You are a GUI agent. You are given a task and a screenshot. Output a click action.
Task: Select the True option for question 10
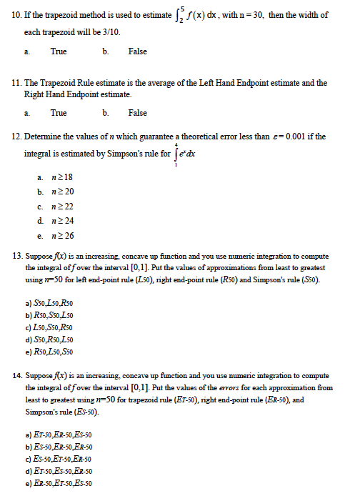coord(59,51)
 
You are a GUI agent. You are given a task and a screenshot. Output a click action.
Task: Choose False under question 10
coord(137,51)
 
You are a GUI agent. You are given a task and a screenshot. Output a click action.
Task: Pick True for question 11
coord(59,113)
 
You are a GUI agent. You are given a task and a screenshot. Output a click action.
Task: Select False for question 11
coord(137,113)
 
